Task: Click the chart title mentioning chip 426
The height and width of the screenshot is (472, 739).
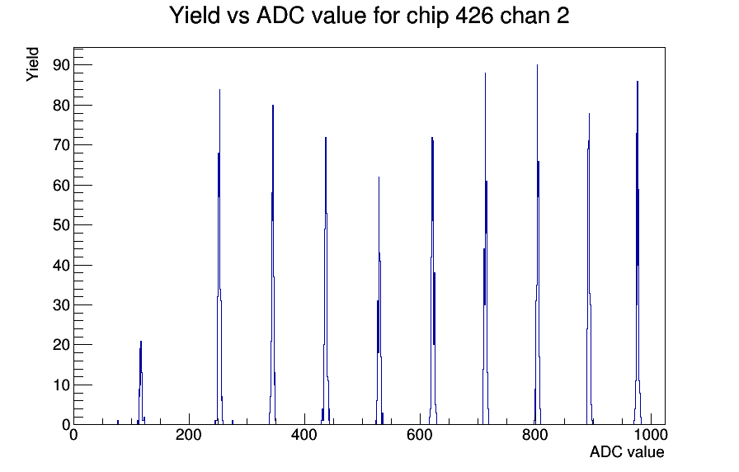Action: [x=369, y=15]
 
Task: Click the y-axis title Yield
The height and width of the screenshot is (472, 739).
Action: [x=32, y=64]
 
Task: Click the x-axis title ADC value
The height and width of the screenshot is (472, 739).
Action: [x=627, y=451]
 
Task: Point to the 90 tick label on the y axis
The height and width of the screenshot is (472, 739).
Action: [x=61, y=65]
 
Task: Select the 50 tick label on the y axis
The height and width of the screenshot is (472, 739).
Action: [x=61, y=225]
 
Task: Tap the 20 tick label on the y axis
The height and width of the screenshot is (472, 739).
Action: [x=61, y=345]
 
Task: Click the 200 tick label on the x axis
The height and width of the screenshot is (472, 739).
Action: [x=189, y=434]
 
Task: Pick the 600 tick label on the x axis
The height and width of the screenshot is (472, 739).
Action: [x=420, y=434]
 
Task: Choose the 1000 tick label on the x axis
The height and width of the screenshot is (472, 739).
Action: [x=651, y=434]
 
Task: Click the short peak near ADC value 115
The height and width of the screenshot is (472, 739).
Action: [x=140, y=383]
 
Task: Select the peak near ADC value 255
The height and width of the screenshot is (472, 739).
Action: [x=219, y=257]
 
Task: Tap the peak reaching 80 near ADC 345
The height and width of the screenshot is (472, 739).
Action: [x=272, y=265]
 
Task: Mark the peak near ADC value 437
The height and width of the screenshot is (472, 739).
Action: [x=325, y=281]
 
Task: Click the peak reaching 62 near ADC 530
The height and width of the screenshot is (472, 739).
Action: [x=379, y=301]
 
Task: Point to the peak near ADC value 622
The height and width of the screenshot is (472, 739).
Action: [x=432, y=281]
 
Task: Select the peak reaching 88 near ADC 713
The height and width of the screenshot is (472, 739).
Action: [x=486, y=248]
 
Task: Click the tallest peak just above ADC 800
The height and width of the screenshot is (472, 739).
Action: [x=537, y=245]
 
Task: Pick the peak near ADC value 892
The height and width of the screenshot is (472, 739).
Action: [x=589, y=269]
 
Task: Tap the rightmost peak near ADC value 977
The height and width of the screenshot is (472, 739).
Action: [x=638, y=253]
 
